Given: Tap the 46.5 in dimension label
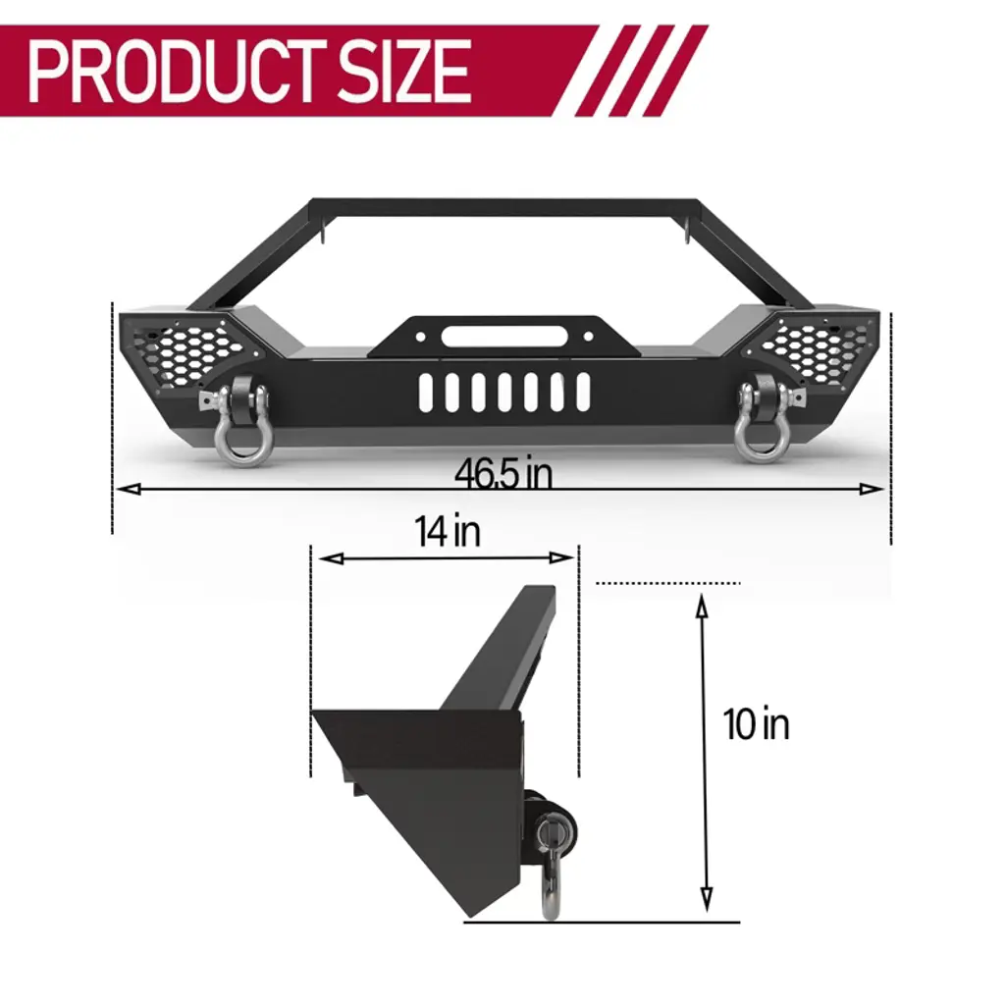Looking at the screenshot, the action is (x=503, y=474).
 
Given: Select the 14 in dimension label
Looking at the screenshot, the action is (x=448, y=531).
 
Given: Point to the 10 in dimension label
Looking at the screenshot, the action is (x=757, y=724).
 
